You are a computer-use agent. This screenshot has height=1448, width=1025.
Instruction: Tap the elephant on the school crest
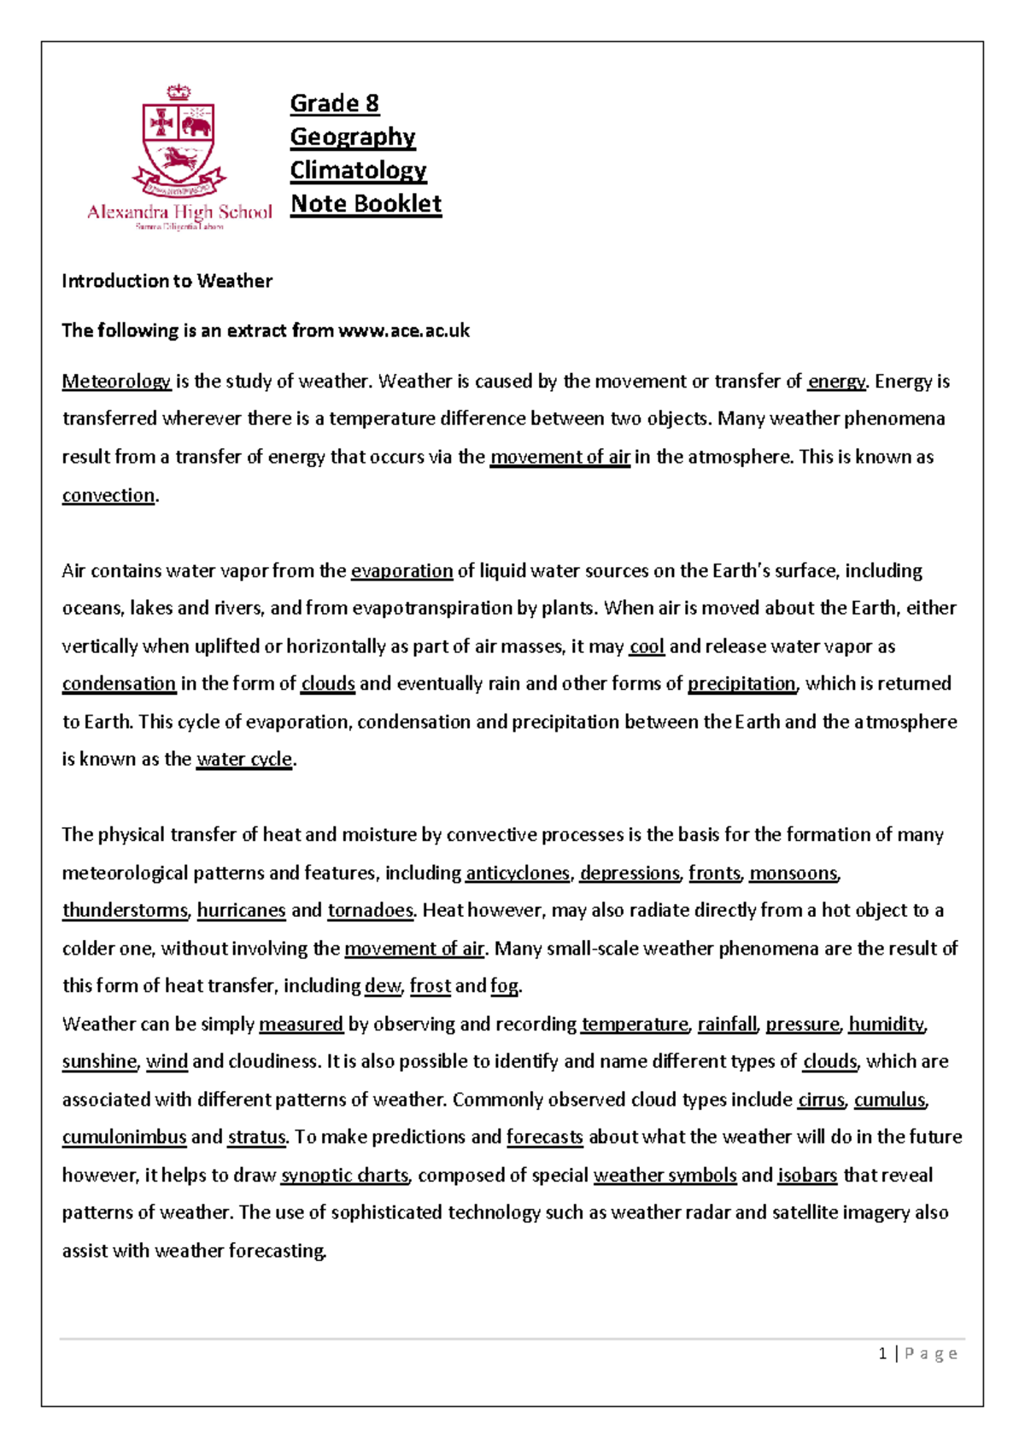tap(196, 126)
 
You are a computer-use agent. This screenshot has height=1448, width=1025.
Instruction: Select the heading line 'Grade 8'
tap(334, 103)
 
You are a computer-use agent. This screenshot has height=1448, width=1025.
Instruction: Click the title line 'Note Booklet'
tap(366, 204)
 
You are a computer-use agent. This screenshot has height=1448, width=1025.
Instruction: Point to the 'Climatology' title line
tap(358, 170)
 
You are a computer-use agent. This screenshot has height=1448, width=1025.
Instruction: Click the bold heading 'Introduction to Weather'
tap(167, 281)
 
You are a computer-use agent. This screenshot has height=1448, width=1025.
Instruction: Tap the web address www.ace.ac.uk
tap(404, 330)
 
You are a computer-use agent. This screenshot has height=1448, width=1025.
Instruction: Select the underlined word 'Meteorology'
tap(116, 382)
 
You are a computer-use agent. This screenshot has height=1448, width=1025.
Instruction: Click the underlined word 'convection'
tap(108, 495)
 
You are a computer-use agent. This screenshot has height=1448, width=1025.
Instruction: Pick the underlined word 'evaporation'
tap(401, 570)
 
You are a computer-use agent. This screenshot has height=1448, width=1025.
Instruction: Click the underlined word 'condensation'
tap(119, 683)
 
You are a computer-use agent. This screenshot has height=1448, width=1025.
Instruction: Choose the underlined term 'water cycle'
tap(244, 759)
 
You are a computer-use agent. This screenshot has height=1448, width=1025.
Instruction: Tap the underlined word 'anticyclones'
tap(517, 873)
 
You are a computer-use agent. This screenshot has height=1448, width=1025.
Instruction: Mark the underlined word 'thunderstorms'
tap(125, 910)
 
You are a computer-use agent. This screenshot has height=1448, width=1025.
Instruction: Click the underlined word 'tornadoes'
tap(371, 910)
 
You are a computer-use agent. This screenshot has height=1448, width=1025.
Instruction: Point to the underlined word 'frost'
tap(430, 986)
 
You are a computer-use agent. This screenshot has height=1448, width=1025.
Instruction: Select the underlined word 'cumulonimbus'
tap(124, 1137)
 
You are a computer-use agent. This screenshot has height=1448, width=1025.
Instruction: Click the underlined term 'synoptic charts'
tap(345, 1175)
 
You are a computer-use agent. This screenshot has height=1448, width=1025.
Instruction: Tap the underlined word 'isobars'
tap(807, 1175)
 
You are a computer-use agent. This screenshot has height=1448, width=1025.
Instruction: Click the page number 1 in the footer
tap(882, 1353)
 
